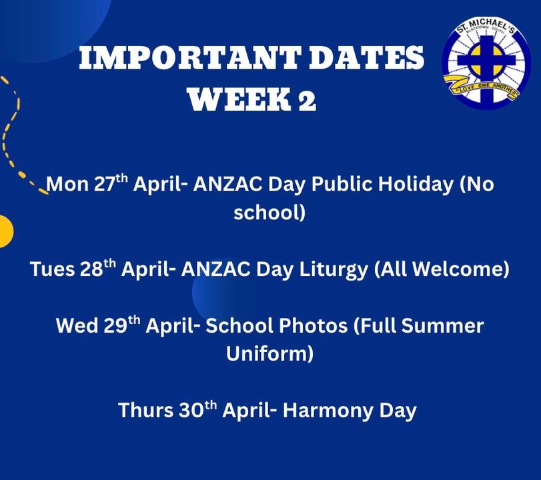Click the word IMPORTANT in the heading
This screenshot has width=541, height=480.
tap(189, 57)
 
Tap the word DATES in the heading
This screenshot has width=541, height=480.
tap(366, 57)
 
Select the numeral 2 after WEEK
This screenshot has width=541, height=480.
tap(307, 100)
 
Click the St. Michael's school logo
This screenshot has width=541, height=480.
tap(486, 64)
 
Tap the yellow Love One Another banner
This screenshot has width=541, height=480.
tap(481, 86)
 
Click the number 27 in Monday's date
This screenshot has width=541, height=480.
tap(104, 184)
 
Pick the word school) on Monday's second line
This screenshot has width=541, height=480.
tap(269, 213)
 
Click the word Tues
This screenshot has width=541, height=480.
tap(52, 269)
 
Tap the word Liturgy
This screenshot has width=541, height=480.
tap(334, 270)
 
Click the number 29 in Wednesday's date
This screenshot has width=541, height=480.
tap(115, 326)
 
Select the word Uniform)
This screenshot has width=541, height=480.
tap(269, 354)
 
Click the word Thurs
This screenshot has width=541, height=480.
tap(145, 411)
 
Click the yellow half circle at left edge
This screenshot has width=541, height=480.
tap(6, 231)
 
